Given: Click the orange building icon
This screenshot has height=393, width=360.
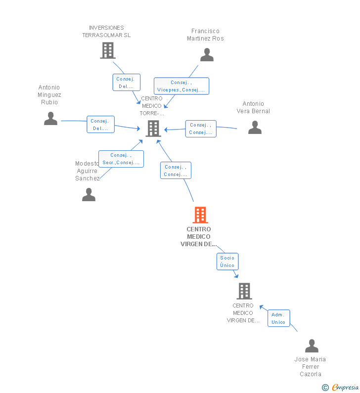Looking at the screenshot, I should point(200,215).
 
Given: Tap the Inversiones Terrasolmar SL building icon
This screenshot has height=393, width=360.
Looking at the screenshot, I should point(107,50).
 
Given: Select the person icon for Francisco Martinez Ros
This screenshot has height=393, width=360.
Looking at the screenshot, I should point(207,55).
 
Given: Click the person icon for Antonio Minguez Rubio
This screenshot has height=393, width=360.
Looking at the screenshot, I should point(50,119).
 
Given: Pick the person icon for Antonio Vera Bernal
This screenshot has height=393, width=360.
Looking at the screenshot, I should point(255,128).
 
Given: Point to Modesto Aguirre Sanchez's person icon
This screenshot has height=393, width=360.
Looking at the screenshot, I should point(89,195).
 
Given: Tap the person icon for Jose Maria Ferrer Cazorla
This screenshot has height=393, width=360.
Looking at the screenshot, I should point(312,346).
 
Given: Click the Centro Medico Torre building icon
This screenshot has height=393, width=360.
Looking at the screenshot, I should point(153,129).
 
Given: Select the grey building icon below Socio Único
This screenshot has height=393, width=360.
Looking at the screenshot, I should point(244,291).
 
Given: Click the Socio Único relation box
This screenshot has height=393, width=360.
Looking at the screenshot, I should point(227,262).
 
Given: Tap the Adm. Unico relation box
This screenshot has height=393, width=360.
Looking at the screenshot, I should point(278,318).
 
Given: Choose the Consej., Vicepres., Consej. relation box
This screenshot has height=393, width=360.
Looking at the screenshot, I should point(181,86).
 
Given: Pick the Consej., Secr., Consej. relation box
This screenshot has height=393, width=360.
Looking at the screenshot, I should point(121,159).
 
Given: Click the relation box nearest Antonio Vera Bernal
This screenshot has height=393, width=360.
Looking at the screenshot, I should point(201,129).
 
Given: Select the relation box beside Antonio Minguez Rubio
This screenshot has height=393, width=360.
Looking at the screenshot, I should point(100,125).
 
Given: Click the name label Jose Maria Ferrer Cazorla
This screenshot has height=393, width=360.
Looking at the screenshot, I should point(310,366).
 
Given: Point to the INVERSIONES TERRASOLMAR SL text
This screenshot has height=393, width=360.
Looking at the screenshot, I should point(106,31).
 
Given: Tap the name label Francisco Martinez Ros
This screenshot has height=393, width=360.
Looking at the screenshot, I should point(205,35).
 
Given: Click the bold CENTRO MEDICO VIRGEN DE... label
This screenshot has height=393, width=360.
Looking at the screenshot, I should point(199,237).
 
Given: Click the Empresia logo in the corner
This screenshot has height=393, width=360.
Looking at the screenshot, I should point(344,388).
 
